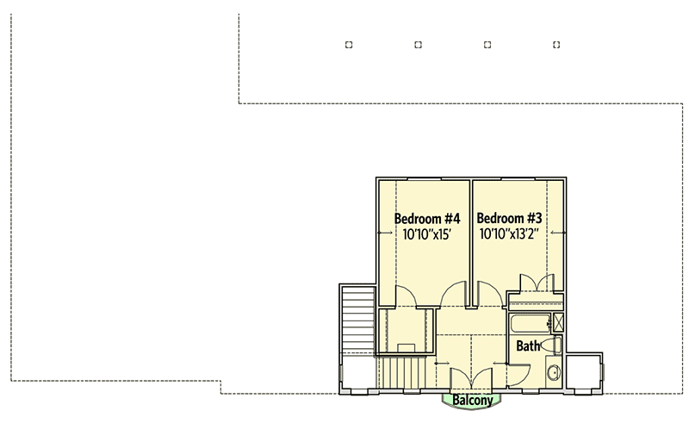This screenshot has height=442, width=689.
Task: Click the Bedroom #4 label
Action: click(427, 218)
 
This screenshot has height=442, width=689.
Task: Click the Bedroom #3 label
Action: click(509, 218)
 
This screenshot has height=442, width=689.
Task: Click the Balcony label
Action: click(473, 401)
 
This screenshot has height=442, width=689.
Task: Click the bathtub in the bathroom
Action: click(528, 324)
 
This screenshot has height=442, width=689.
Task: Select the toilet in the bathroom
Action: click(556, 346)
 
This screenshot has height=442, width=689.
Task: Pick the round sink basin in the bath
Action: click(554, 372)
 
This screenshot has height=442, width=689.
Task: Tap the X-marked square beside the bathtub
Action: click(557, 323)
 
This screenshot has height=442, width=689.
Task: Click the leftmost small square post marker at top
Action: click(348, 44)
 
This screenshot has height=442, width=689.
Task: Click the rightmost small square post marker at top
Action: click(556, 44)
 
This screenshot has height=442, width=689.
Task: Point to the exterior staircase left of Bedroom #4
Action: click(356, 319)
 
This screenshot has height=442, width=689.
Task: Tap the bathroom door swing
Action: click(518, 369)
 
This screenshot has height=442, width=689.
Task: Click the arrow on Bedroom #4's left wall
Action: click(383, 233)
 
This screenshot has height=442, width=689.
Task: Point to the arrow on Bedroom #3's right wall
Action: click(557, 233)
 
